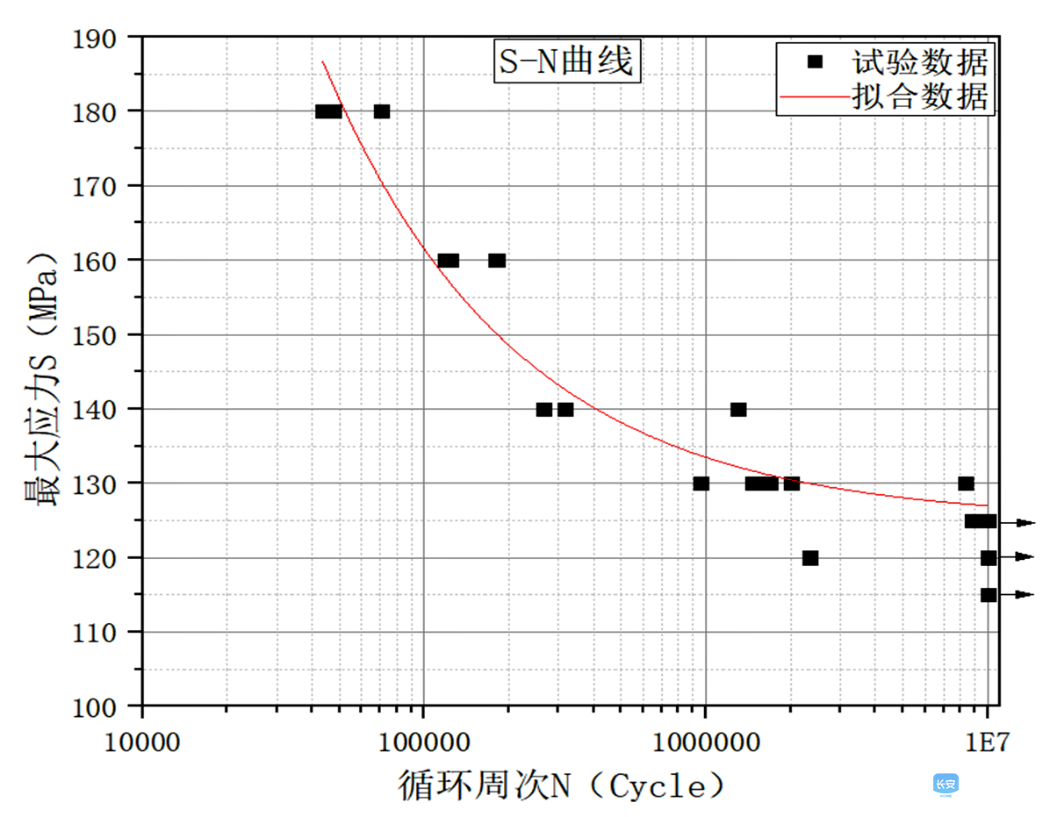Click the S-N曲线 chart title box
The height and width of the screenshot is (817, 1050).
[565, 62]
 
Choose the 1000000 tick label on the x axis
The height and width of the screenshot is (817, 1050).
[705, 741]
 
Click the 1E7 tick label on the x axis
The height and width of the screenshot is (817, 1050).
[988, 741]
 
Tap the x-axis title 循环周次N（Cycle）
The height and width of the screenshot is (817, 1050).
[562, 785]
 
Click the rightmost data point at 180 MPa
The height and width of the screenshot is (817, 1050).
[382, 111]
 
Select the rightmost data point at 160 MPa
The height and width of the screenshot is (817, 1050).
[497, 261]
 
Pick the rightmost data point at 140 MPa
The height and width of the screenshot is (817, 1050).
[738, 410]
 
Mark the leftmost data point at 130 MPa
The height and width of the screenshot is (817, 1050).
[701, 484]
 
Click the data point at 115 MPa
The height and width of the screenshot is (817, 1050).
[989, 595]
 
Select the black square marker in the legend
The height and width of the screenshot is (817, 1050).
[816, 61]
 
